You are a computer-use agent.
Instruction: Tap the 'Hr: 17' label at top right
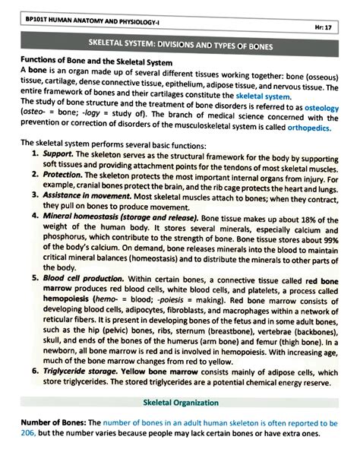[x=330, y=27]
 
